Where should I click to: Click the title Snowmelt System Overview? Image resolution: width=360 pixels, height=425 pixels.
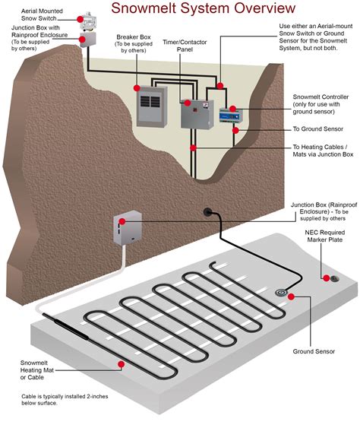click(203, 9)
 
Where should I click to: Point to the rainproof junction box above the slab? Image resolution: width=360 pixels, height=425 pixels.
click(126, 227)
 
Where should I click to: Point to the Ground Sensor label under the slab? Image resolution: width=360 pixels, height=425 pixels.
click(314, 352)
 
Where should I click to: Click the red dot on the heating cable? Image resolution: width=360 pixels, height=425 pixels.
click(122, 365)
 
